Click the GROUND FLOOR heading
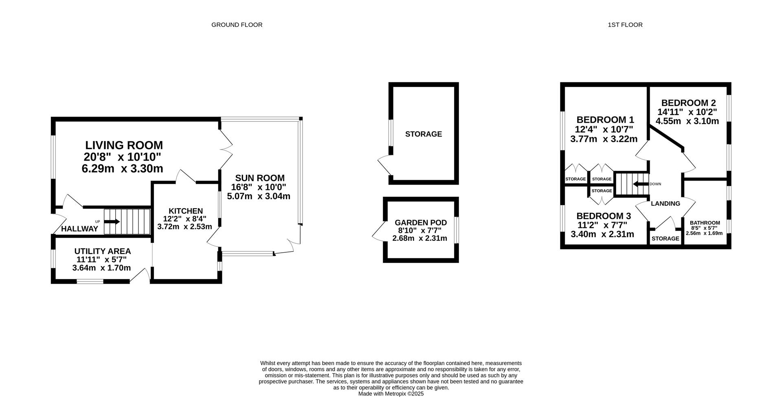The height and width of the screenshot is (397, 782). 237,25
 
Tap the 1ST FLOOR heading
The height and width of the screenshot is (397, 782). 625,25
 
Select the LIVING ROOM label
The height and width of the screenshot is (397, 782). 124,145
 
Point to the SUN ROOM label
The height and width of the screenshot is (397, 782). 260,178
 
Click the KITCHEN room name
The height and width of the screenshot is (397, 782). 186,211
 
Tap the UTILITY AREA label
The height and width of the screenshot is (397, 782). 103,251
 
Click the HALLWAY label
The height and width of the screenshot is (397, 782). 79,229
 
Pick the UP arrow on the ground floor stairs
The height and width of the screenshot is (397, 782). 112,222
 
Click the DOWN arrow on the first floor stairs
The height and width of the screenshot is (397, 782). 641,184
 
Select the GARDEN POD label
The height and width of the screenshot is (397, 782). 421,223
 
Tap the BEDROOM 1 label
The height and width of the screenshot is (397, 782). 605,120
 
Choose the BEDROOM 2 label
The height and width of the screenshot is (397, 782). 688,103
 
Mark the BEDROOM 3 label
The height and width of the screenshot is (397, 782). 604,216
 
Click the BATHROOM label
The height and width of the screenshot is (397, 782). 705,223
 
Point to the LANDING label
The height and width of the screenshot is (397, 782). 666,204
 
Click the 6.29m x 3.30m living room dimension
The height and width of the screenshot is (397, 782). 123,169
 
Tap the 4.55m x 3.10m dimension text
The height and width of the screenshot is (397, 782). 687,121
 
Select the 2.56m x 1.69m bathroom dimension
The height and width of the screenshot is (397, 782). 704,234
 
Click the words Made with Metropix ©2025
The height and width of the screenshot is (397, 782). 391,394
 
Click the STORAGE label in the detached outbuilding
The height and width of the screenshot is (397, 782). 424,134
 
